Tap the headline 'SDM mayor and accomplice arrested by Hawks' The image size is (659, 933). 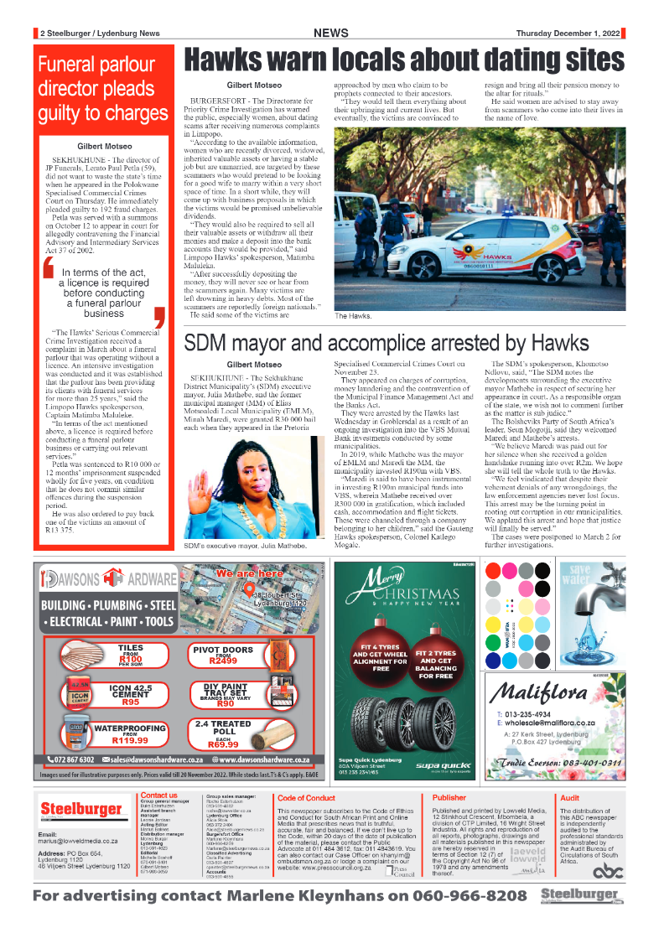(x=387, y=344)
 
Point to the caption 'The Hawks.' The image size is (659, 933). (x=353, y=316)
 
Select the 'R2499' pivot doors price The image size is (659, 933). (x=222, y=661)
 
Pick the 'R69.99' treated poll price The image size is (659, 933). (x=222, y=744)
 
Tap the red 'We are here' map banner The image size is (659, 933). (x=249, y=574)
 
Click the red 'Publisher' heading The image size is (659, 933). (x=449, y=798)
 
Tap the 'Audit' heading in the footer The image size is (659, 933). (x=569, y=798)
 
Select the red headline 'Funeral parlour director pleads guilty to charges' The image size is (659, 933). (x=102, y=88)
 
